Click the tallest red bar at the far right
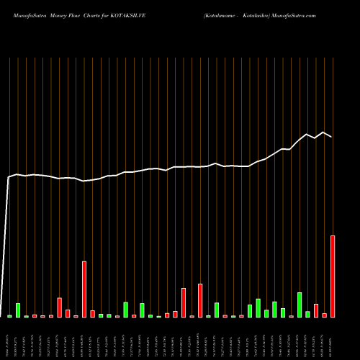point(333,276)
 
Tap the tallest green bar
point(300,305)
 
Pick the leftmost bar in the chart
point(9,316)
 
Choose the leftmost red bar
point(35,316)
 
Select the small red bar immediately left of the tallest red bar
point(325,315)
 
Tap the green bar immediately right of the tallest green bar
point(307,314)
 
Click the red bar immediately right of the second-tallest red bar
point(92,314)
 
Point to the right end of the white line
point(332,137)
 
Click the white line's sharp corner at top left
point(9,176)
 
